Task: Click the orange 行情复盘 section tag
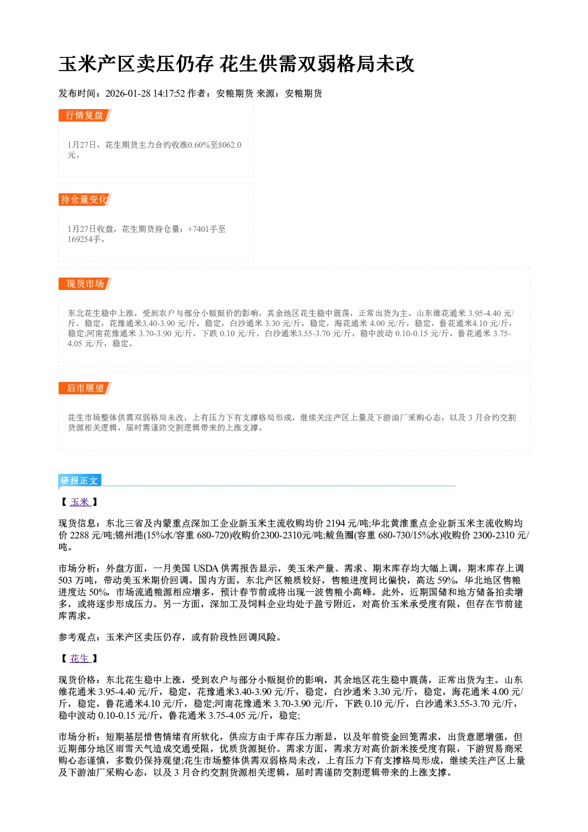(85, 115)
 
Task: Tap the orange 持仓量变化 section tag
(85, 199)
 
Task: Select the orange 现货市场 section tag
(85, 284)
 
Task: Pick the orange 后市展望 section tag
(85, 388)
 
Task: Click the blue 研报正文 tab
(80, 480)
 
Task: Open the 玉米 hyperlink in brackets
(80, 502)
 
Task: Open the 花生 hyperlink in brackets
(80, 658)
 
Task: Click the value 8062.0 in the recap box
(230, 145)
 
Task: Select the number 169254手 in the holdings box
(84, 239)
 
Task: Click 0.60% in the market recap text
(199, 145)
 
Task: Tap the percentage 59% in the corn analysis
(448, 580)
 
